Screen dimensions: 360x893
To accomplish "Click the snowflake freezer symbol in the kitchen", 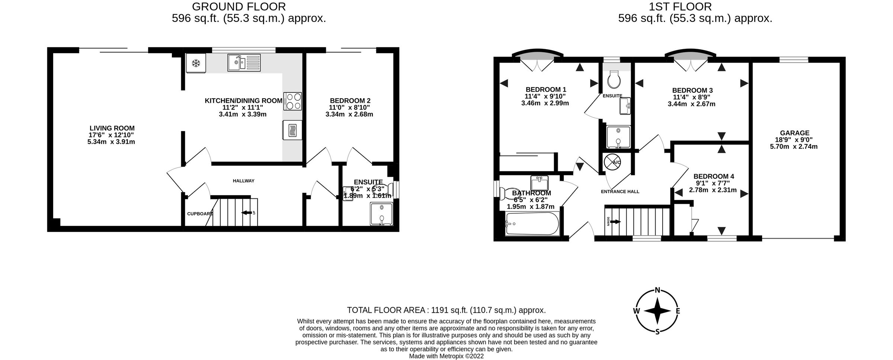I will pos(196,64).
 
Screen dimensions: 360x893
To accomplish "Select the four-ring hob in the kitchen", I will pos(293,101).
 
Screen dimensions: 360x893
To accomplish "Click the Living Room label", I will pos(112,128).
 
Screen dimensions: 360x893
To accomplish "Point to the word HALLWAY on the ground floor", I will pos(243,181).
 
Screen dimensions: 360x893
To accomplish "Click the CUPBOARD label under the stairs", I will pos(200,214).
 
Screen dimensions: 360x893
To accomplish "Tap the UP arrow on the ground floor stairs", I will pos(246,213).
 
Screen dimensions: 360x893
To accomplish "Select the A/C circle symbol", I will pos(612,162).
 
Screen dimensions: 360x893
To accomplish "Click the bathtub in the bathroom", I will pos(532,223).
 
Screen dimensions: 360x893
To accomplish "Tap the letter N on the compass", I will pos(657,290).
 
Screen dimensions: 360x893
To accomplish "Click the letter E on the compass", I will pos(678,311).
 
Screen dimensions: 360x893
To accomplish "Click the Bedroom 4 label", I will pos(714,176).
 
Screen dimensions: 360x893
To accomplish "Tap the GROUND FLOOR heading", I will pos(239,6).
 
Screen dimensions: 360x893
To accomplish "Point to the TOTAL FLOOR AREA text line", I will pos(446,310).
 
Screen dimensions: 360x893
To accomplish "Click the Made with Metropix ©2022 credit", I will pos(446,356).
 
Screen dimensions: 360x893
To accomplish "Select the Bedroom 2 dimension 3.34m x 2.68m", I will pos(349,114).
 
